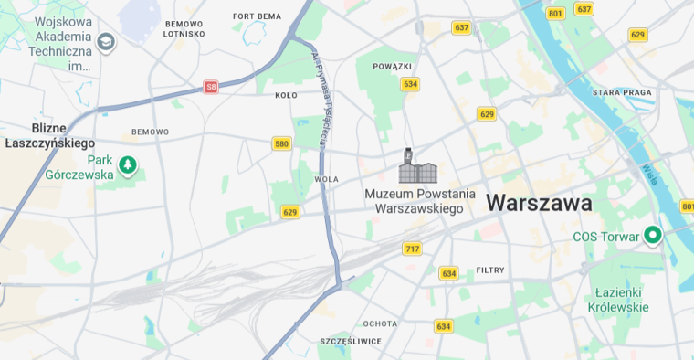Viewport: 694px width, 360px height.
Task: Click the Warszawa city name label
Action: pyautogui.click(x=539, y=203)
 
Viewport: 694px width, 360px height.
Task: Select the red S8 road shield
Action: pyautogui.click(x=211, y=87)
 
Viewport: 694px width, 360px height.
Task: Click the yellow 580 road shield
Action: pyautogui.click(x=281, y=143)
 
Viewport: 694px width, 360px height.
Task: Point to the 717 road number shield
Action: pyautogui.click(x=412, y=249)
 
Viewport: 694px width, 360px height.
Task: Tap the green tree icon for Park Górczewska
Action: pyautogui.click(x=129, y=165)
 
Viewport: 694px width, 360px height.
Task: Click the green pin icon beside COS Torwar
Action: pyautogui.click(x=652, y=236)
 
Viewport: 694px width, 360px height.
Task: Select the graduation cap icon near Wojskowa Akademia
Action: pyautogui.click(x=106, y=41)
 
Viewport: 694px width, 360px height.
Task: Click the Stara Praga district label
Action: pyautogui.click(x=621, y=92)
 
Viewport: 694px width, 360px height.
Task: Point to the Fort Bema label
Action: pyautogui.click(x=257, y=16)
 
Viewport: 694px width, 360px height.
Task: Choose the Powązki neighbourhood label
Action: pyautogui.click(x=393, y=67)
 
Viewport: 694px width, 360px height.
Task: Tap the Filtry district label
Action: pyautogui.click(x=490, y=270)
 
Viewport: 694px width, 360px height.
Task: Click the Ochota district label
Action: pyautogui.click(x=380, y=323)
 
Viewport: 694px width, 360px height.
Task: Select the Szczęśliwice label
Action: pyautogui.click(x=351, y=341)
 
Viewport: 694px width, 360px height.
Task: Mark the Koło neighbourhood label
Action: pyautogui.click(x=286, y=95)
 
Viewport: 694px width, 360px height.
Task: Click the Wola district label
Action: pyautogui.click(x=326, y=179)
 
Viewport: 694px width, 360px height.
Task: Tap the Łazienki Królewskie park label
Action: pyautogui.click(x=621, y=300)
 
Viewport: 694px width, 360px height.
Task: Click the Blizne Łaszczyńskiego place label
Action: pyautogui.click(x=50, y=135)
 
